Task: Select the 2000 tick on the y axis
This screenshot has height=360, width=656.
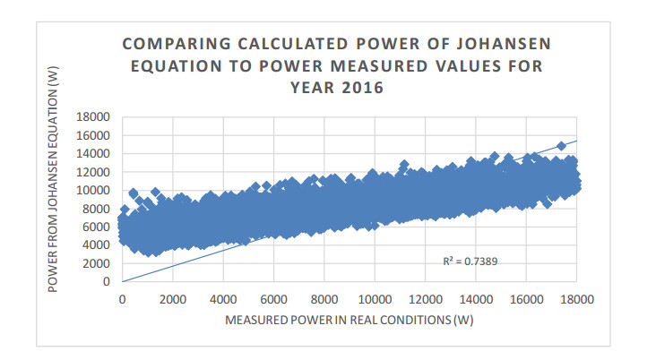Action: [95, 263]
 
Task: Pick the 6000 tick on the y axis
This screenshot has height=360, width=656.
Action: [95, 227]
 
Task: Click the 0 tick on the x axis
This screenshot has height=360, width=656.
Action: [122, 300]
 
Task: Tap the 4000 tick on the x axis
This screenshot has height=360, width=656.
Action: [222, 300]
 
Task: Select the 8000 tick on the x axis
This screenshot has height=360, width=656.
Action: [324, 300]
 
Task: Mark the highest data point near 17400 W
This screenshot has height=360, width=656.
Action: [561, 146]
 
